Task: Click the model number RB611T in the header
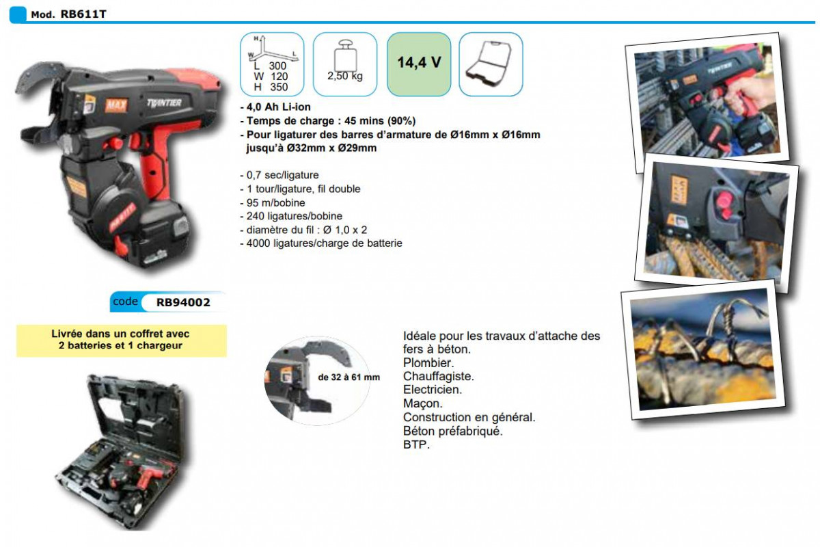[83, 14]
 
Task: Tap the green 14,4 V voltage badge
[419, 64]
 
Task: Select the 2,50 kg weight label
[345, 76]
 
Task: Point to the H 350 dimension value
[271, 88]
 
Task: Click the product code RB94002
[183, 302]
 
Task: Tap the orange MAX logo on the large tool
[116, 105]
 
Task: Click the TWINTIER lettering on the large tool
[164, 103]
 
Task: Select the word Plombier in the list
[428, 362]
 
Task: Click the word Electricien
[433, 390]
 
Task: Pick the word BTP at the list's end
[416, 444]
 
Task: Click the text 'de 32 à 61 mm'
[349, 377]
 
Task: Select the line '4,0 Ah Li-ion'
[275, 107]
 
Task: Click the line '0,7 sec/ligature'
[279, 175]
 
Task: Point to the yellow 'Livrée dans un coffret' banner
[122, 341]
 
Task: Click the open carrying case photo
[122, 453]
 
